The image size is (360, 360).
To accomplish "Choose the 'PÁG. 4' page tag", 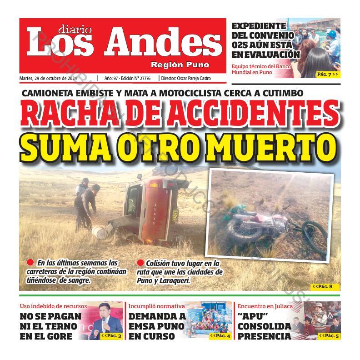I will point(220,335).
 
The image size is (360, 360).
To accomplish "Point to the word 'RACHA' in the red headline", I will point(69,115).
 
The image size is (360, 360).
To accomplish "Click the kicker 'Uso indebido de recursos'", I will point(54,306).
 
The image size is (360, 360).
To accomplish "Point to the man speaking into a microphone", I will point(106,324).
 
